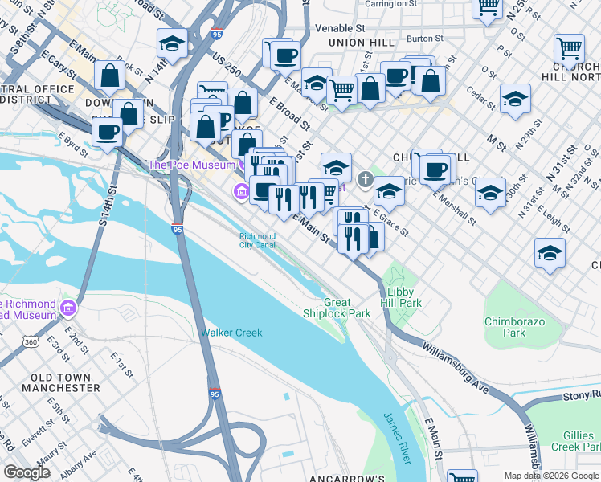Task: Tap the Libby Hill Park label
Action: pyautogui.click(x=404, y=297)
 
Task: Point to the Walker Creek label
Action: pyautogui.click(x=231, y=333)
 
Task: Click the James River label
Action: pyautogui.click(x=398, y=439)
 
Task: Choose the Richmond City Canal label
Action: pyautogui.click(x=257, y=240)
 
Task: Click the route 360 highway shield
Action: pyautogui.click(x=31, y=342)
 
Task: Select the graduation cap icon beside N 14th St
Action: pyautogui.click(x=171, y=42)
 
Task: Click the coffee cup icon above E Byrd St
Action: pyautogui.click(x=107, y=131)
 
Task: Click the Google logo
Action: pyautogui.click(x=27, y=472)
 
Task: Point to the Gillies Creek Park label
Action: pyautogui.click(x=577, y=440)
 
